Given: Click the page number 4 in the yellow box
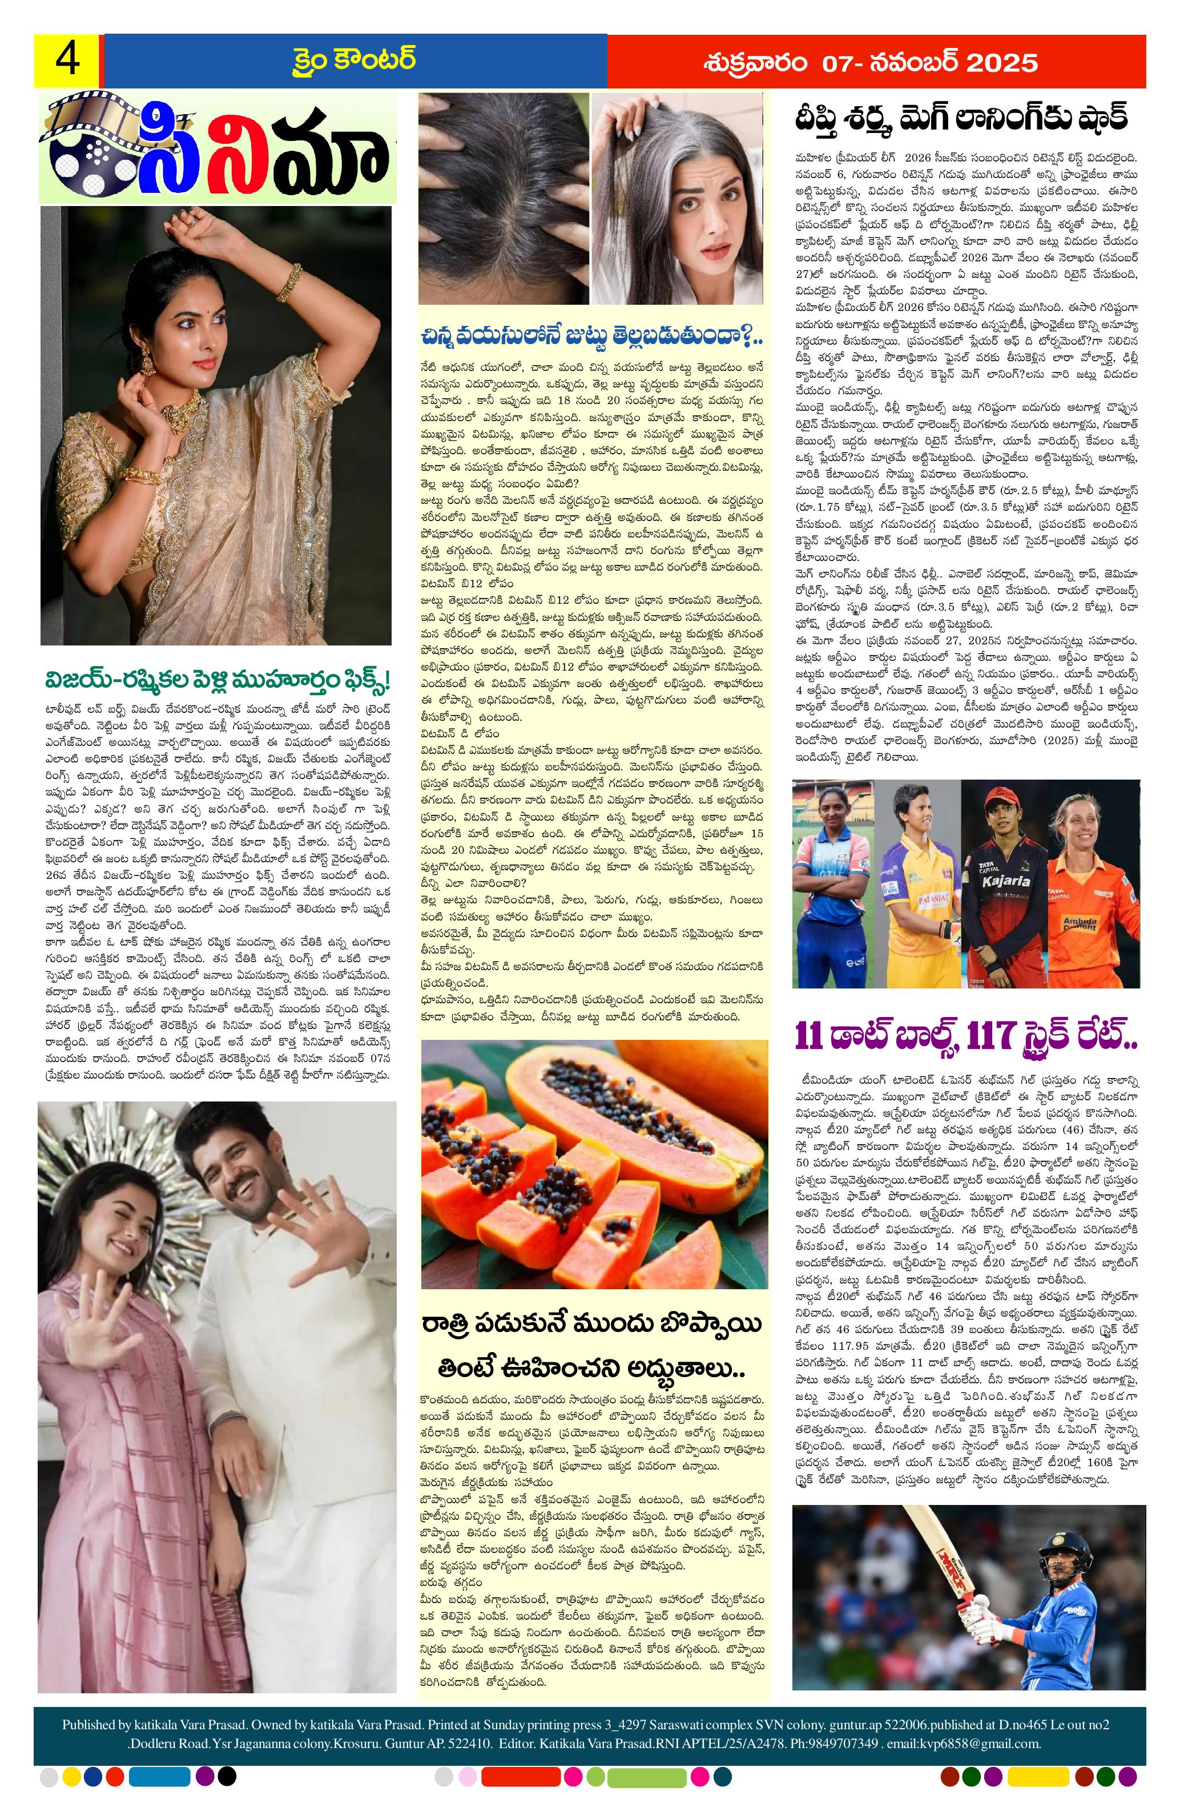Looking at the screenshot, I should (66, 60).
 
